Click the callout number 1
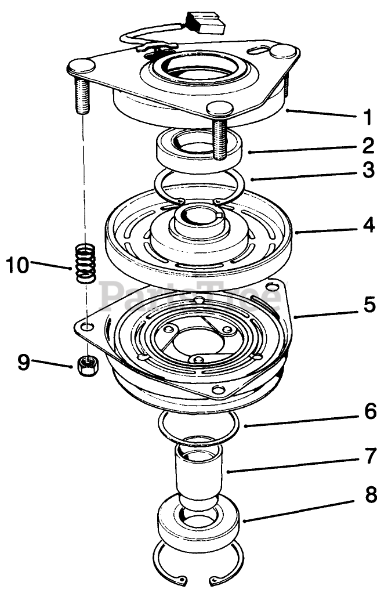[x=367, y=117]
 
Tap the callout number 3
[x=368, y=172]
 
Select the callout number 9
[x=23, y=362]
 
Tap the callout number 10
[x=17, y=265]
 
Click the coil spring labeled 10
[x=86, y=262]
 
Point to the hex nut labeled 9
[x=87, y=366]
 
